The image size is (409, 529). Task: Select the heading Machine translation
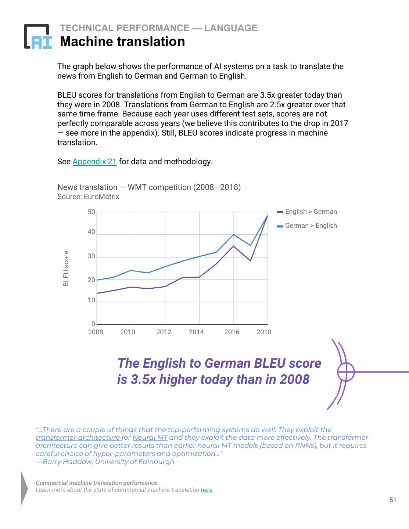(122, 42)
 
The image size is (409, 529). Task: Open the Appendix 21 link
(94, 162)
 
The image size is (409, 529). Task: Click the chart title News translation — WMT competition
(149, 187)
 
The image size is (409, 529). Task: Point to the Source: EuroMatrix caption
(88, 197)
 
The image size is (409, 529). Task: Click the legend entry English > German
(311, 212)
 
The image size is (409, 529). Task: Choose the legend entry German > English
(311, 226)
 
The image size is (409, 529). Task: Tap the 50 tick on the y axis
(92, 212)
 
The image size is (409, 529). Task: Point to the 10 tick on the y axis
(92, 301)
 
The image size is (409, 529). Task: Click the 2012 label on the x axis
(164, 332)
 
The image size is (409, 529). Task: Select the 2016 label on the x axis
(232, 332)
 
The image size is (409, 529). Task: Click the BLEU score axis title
(66, 268)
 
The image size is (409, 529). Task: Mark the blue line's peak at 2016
(233, 235)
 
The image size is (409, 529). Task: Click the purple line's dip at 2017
(250, 260)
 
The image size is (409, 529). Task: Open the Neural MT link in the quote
(150, 438)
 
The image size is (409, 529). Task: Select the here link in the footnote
(207, 490)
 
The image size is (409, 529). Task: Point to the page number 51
(393, 500)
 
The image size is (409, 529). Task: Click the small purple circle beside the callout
(346, 372)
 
